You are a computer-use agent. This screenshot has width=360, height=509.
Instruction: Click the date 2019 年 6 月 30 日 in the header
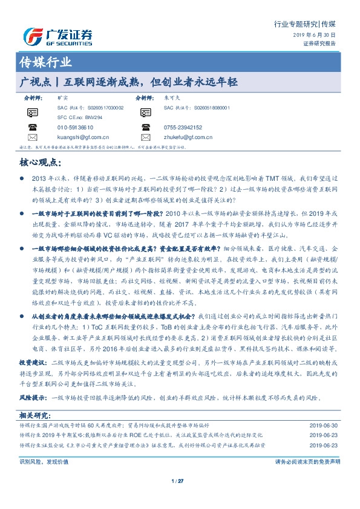click(317, 36)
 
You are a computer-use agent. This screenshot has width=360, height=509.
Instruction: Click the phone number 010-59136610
click(75, 128)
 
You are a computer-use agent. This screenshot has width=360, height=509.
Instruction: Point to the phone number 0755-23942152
click(183, 128)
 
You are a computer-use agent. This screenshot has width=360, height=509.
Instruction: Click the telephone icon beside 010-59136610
click(32, 128)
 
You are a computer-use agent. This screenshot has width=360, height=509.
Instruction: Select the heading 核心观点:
click(42, 162)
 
